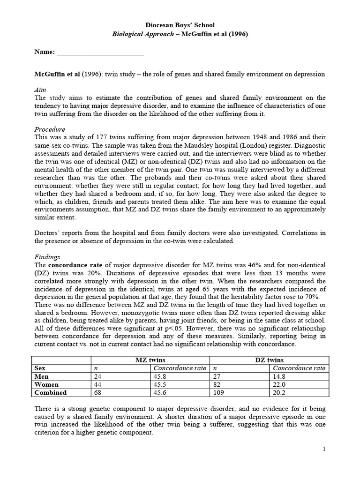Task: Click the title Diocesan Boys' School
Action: [180, 25]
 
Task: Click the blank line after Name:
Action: [100, 52]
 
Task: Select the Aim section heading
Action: [40, 89]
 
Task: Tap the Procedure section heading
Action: [50, 129]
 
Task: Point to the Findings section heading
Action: [48, 257]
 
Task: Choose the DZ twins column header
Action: [270, 360]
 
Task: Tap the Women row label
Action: [46, 384]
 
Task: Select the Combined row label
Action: [51, 392]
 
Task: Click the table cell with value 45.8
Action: [161, 376]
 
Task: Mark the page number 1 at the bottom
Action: [323, 449]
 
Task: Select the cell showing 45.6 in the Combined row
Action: [161, 392]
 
